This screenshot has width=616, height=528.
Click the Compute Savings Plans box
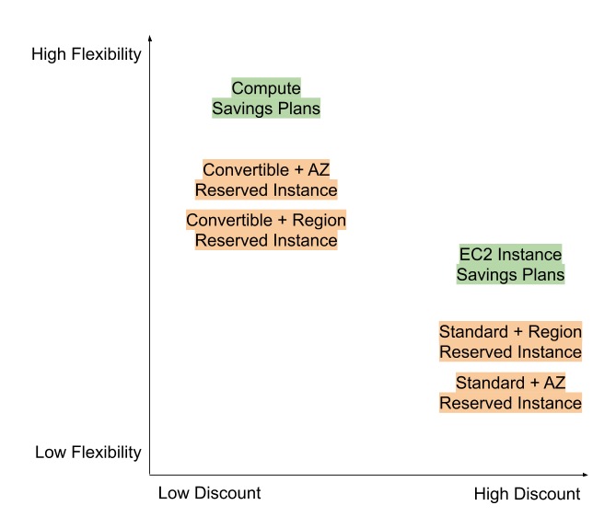click(x=266, y=98)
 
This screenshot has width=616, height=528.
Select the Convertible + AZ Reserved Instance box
click(x=266, y=180)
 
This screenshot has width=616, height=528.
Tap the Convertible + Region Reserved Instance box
click(x=266, y=230)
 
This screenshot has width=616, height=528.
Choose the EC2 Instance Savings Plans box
click(x=510, y=264)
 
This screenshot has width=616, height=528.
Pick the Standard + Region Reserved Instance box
click(x=510, y=341)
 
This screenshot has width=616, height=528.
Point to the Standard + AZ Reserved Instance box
click(x=510, y=393)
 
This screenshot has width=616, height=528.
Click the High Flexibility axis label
click(x=87, y=54)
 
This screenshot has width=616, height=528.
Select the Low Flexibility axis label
click(x=88, y=452)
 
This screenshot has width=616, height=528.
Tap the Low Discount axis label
click(x=209, y=493)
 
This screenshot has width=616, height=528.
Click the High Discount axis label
click(x=527, y=494)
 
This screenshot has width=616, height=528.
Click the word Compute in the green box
click(x=266, y=89)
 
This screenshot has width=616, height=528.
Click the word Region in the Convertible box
click(x=320, y=221)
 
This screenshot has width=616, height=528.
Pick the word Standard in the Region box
click(x=474, y=332)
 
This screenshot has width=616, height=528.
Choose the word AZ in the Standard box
click(x=553, y=384)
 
